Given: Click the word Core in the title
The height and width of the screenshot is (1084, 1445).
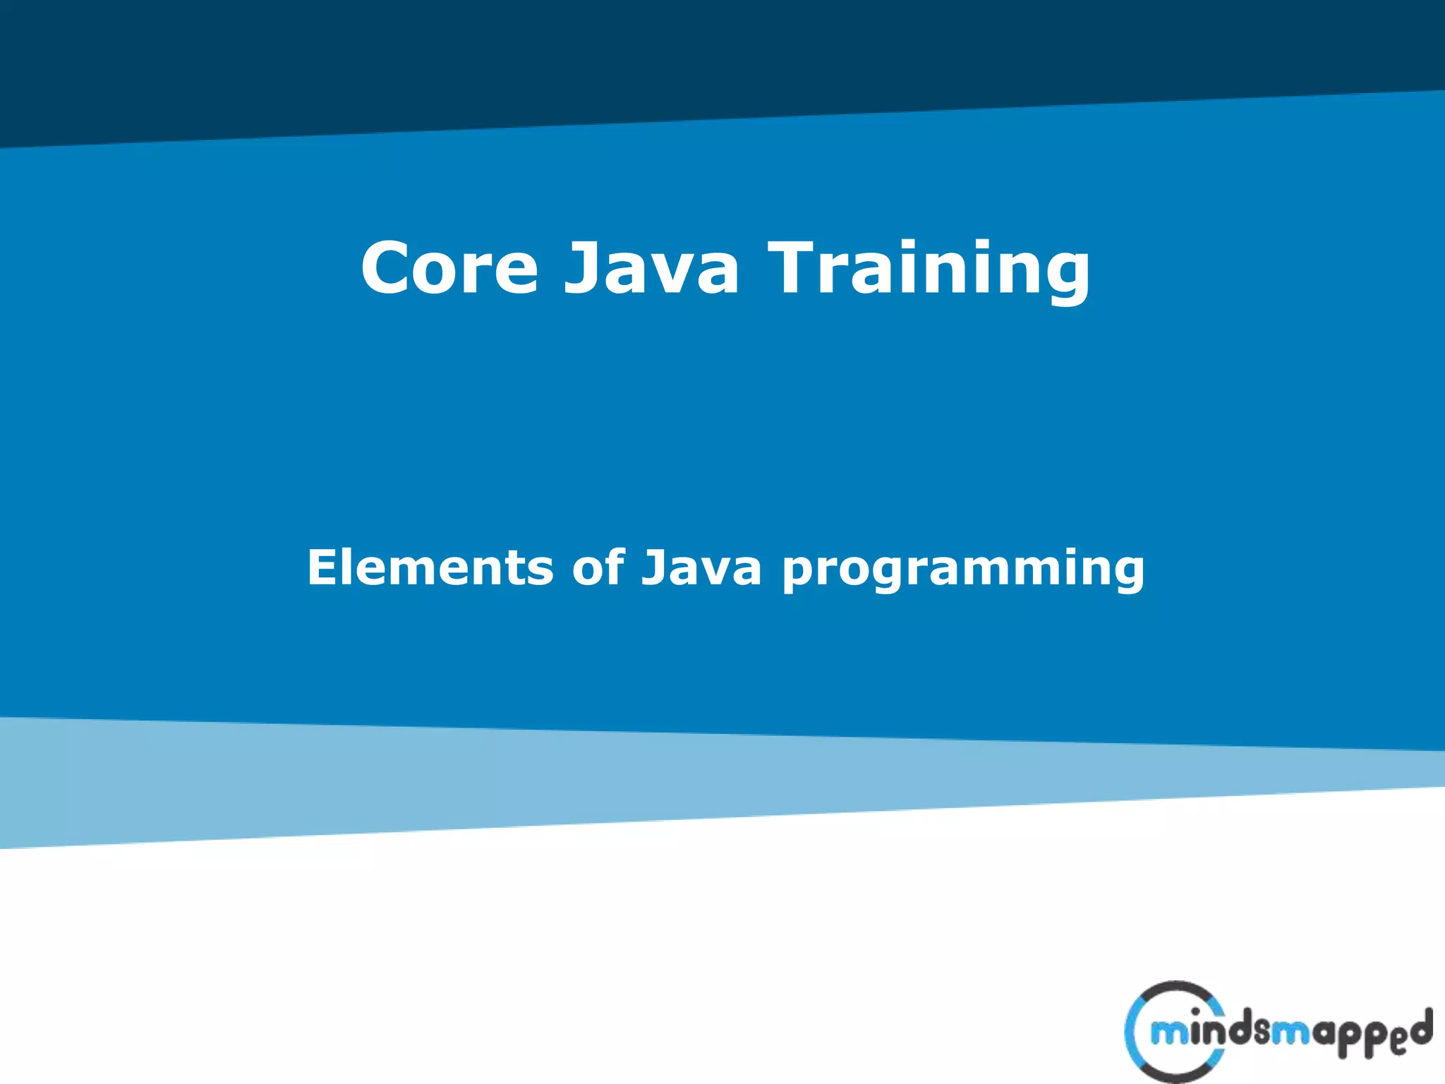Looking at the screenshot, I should tap(449, 268).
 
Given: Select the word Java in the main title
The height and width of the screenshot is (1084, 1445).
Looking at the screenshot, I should tap(651, 268).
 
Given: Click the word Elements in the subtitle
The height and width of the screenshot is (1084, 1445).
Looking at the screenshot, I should tap(430, 567).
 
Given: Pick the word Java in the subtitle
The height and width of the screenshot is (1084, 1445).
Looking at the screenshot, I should tap(701, 568).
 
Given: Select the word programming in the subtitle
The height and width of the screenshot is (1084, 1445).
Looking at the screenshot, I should tap(963, 570).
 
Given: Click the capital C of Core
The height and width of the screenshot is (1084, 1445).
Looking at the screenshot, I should tap(385, 268).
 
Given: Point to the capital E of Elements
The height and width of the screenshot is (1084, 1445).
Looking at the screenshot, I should tap(322, 567).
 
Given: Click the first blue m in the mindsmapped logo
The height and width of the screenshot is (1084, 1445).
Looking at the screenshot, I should tap(1168, 1035).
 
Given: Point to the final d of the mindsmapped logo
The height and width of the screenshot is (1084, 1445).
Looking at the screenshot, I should tap(1420, 1027).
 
